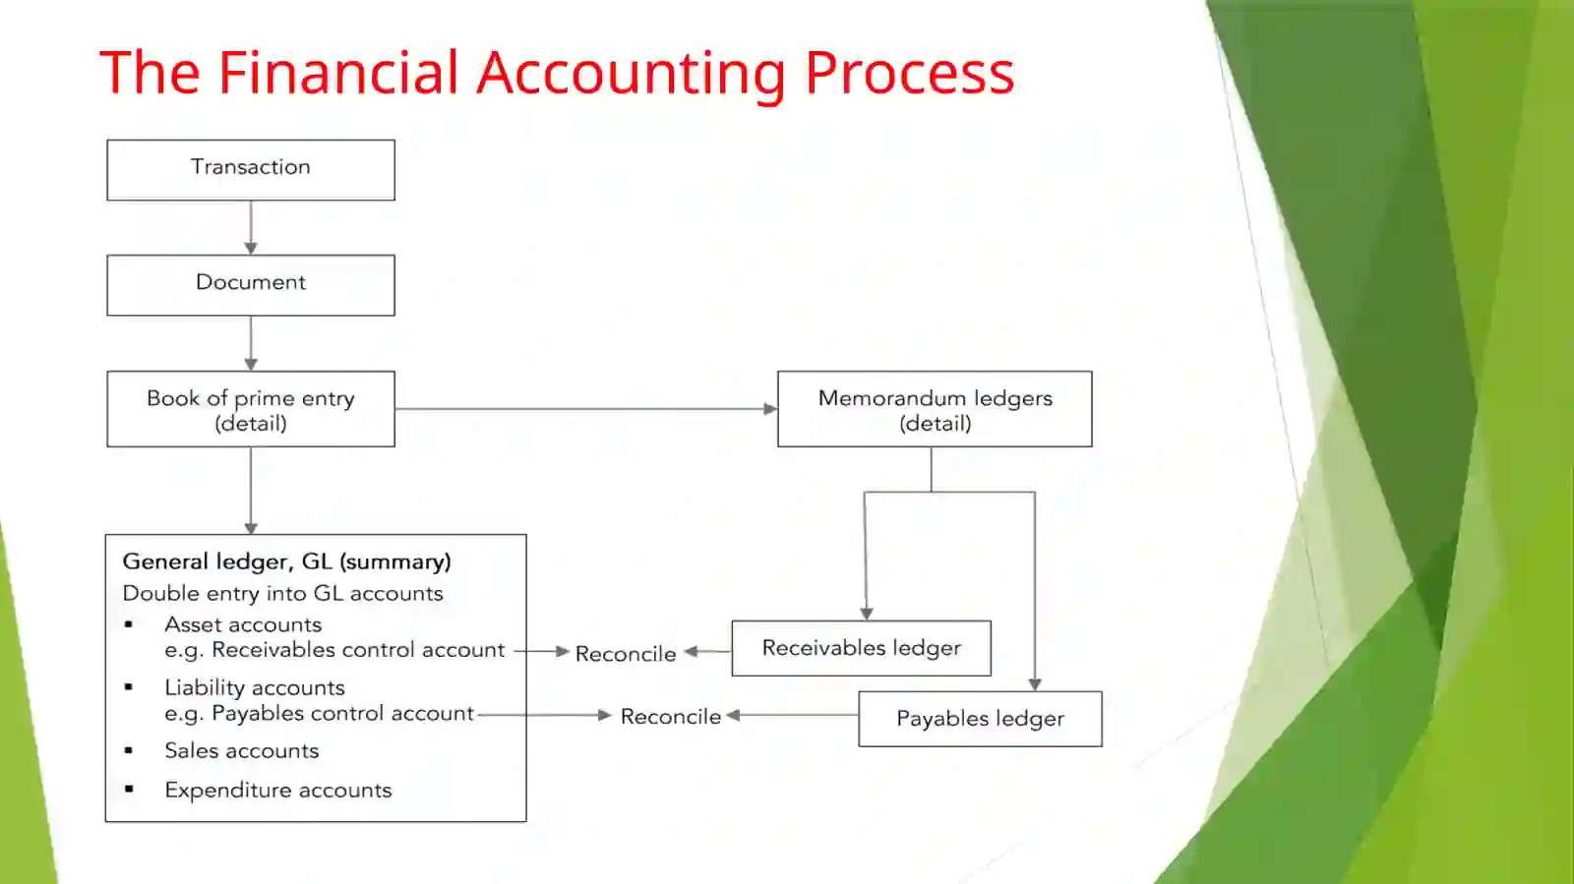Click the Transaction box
251,170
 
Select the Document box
251,285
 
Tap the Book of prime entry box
251,409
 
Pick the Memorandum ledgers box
935,409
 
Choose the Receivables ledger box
862,648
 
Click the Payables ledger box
980,719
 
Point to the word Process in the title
909,73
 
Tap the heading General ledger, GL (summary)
286,561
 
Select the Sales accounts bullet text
242,750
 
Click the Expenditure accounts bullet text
278,790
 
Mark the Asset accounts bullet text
243,624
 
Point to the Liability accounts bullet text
255,687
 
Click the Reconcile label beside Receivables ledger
626,654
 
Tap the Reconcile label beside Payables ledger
671,716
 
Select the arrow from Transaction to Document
251,227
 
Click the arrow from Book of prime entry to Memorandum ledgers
586,409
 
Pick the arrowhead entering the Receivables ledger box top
867,614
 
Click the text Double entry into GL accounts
282,593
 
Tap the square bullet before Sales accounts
129,750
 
